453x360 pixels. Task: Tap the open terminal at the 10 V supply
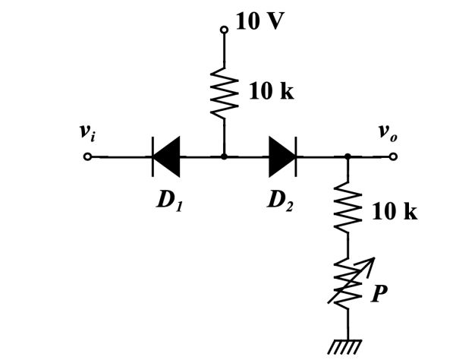[224, 30]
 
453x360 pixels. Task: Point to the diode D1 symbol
[165, 156]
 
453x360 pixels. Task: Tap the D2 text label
[282, 201]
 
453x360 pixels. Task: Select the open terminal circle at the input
[88, 157]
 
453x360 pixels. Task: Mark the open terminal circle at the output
[392, 157]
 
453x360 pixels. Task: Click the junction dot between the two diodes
[224, 157]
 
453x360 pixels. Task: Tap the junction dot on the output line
[348, 157]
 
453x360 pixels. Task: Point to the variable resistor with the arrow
[348, 281]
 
